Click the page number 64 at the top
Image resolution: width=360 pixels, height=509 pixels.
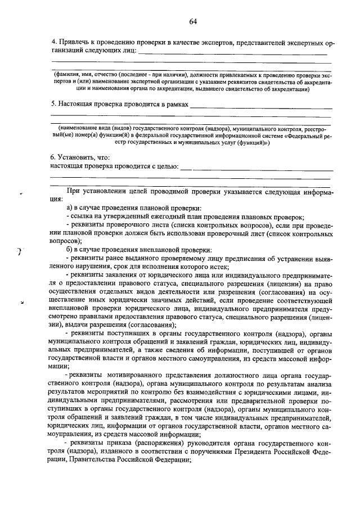pyautogui.click(x=193, y=21)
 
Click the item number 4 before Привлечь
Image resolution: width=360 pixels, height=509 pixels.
pyautogui.click(x=54, y=42)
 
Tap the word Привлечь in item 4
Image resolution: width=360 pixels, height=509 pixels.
pyautogui.click(x=75, y=42)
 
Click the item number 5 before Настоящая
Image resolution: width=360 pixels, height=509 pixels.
pyautogui.click(x=54, y=104)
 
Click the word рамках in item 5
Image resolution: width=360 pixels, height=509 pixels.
pyautogui.click(x=175, y=104)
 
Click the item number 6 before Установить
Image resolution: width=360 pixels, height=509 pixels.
pyautogui.click(x=53, y=158)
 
